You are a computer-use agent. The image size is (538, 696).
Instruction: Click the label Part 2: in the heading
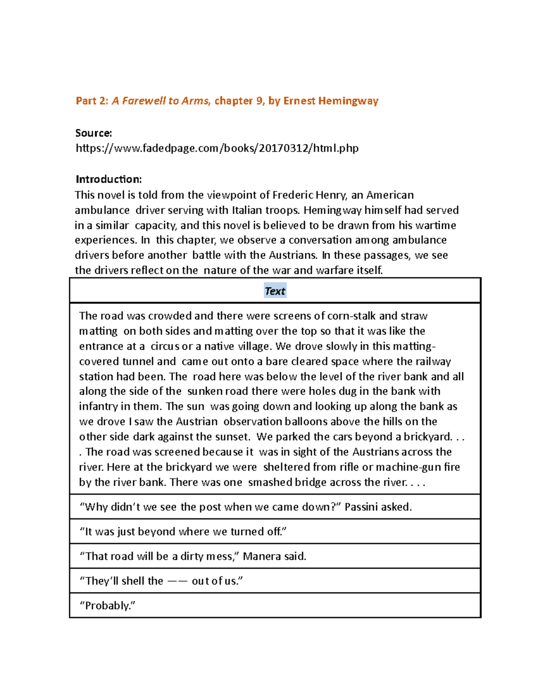pos(92,101)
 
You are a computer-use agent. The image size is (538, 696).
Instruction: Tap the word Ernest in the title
pos(299,101)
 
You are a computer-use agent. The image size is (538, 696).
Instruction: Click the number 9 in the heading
pos(260,101)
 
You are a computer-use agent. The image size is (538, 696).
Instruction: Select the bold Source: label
pos(93,133)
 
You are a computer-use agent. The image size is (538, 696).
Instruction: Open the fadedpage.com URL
pos(217,148)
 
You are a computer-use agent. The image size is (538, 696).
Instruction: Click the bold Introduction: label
pos(108,179)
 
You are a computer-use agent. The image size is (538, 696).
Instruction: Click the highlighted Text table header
pos(275,291)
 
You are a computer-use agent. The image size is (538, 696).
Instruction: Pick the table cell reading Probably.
pos(108,606)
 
